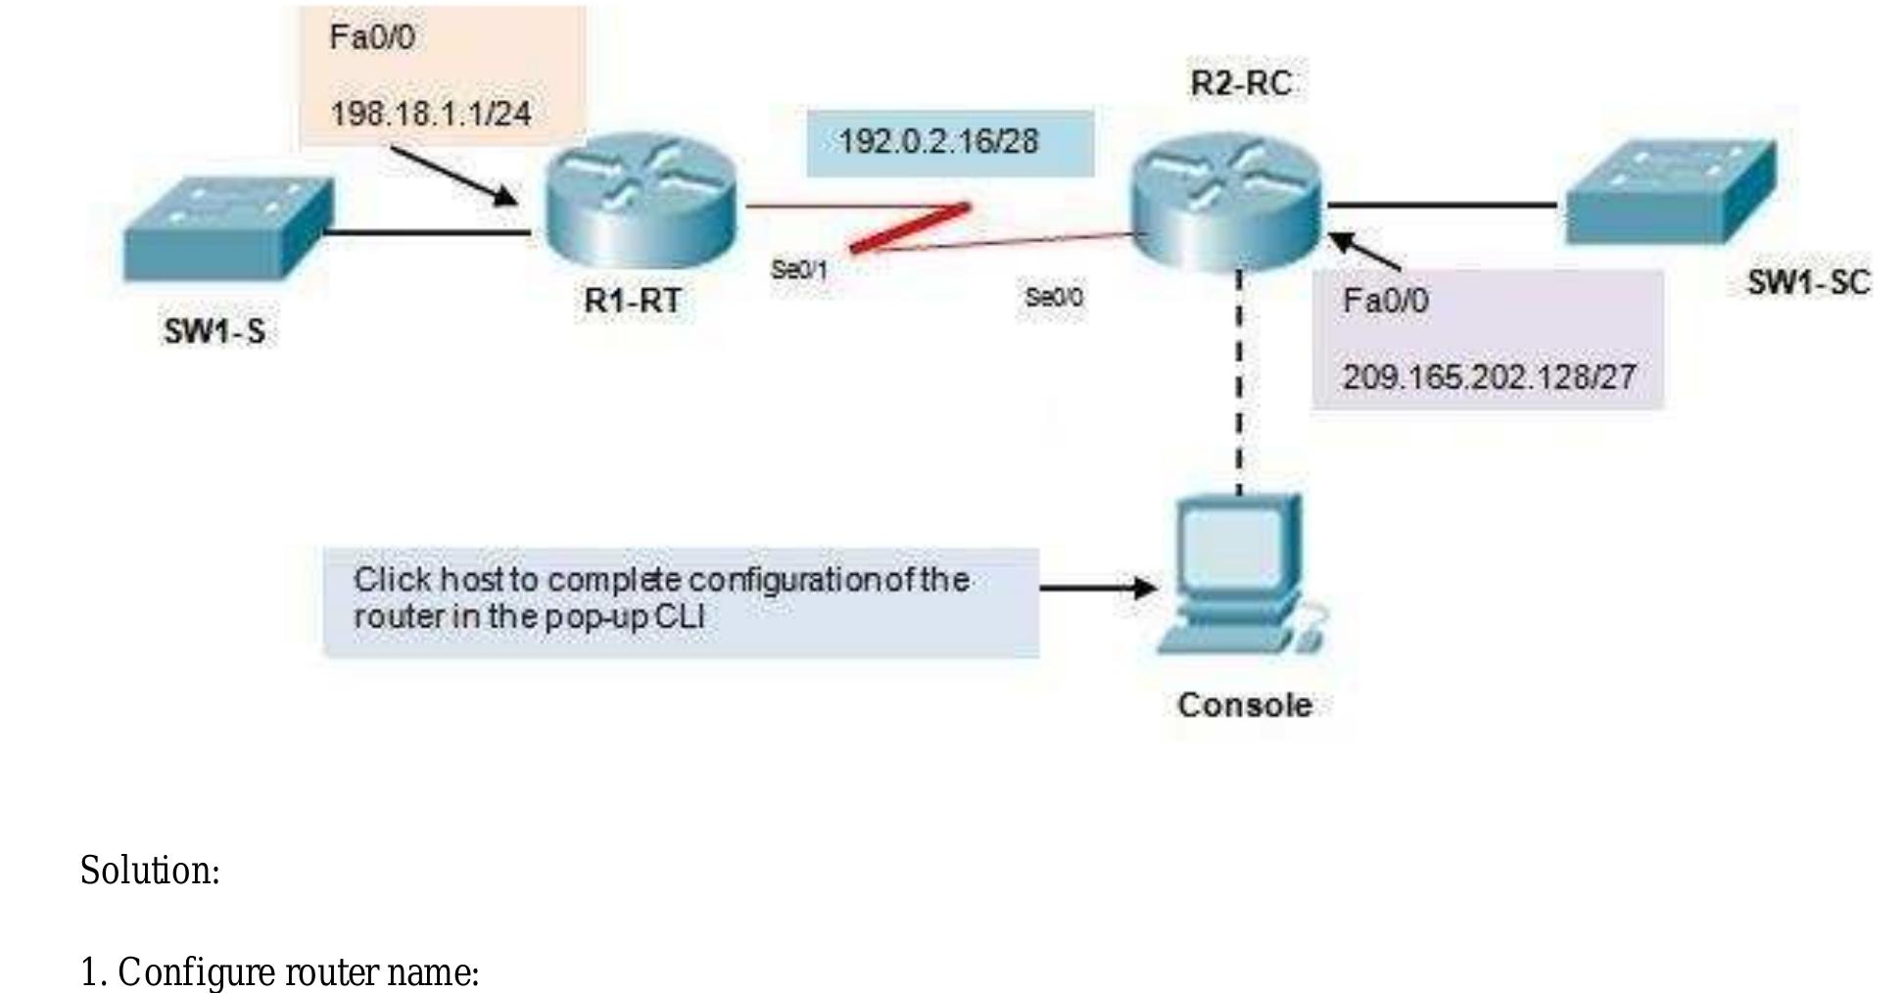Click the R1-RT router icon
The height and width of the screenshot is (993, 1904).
coord(640,200)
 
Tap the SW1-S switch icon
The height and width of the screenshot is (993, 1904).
coord(227,228)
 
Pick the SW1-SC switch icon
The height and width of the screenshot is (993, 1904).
coord(1669,192)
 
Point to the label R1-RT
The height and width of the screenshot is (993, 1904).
coord(633,301)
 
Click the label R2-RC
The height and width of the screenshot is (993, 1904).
coord(1241,83)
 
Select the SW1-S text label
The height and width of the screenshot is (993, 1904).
coord(214,332)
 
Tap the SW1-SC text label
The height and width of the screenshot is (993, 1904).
coord(1808,283)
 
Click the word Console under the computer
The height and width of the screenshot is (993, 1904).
coord(1244,705)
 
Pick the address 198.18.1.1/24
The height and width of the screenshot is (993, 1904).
coord(430,114)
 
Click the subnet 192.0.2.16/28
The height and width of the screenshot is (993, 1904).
coord(937,142)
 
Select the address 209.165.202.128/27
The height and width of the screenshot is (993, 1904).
coord(1488,377)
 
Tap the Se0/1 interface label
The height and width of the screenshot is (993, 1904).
coord(799,269)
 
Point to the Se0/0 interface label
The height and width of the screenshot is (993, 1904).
coord(1054,297)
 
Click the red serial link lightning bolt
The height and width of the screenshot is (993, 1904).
coord(911,227)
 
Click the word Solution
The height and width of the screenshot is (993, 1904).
coord(149,871)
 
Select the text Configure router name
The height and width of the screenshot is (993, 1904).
coord(297,972)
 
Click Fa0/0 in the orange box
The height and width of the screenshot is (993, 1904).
coord(372,37)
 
